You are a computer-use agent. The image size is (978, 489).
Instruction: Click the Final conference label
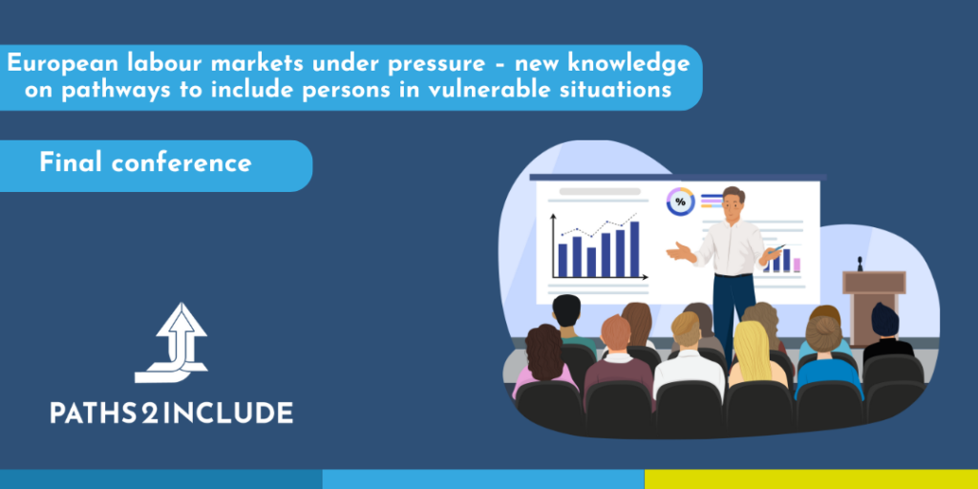145,163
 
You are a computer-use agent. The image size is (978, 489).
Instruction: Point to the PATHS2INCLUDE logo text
172,413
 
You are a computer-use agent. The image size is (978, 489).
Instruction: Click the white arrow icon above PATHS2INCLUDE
171,343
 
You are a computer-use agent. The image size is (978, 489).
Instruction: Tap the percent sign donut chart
680,202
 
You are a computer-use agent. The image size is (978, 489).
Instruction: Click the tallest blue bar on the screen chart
634,249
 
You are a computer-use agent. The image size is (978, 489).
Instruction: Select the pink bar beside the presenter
797,266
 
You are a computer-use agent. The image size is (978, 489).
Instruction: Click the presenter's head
733,202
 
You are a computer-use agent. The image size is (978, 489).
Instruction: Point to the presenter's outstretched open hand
680,251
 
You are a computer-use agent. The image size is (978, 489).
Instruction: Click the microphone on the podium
860,264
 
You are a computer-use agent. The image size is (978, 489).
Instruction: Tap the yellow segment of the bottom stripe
811,479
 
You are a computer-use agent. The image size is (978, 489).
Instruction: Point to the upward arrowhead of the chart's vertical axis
553,217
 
